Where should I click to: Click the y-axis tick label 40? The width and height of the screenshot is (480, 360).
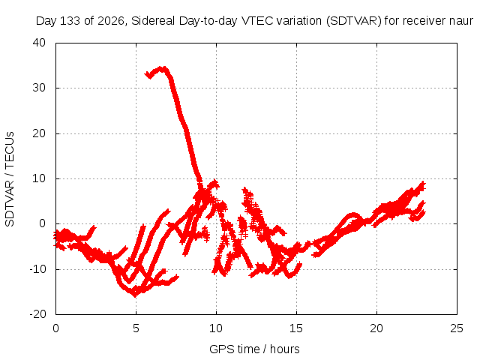point(39,43)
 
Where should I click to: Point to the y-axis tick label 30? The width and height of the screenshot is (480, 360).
point(39,88)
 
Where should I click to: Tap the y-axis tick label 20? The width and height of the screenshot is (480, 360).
point(39,133)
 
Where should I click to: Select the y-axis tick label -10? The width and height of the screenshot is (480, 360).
point(37,269)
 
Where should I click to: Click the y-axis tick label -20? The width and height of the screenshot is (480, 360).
point(37,314)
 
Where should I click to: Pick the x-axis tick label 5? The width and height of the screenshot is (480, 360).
point(136,328)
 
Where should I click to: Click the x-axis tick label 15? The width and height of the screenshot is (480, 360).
point(296,328)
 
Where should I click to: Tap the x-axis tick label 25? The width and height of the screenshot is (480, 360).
point(457,328)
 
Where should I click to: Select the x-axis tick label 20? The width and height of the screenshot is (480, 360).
point(376,328)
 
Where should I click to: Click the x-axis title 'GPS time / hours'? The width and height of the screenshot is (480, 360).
point(254,349)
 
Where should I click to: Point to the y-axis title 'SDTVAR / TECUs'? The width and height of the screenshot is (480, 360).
point(10,179)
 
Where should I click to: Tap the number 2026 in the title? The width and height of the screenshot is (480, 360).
point(110,21)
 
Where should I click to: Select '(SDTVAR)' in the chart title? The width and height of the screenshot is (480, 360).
point(353,21)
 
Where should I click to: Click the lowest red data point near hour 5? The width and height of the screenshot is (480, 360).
point(135,295)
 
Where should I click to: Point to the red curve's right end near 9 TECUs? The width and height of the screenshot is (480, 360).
point(423,184)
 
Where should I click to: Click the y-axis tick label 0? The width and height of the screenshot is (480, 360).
point(43,223)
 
